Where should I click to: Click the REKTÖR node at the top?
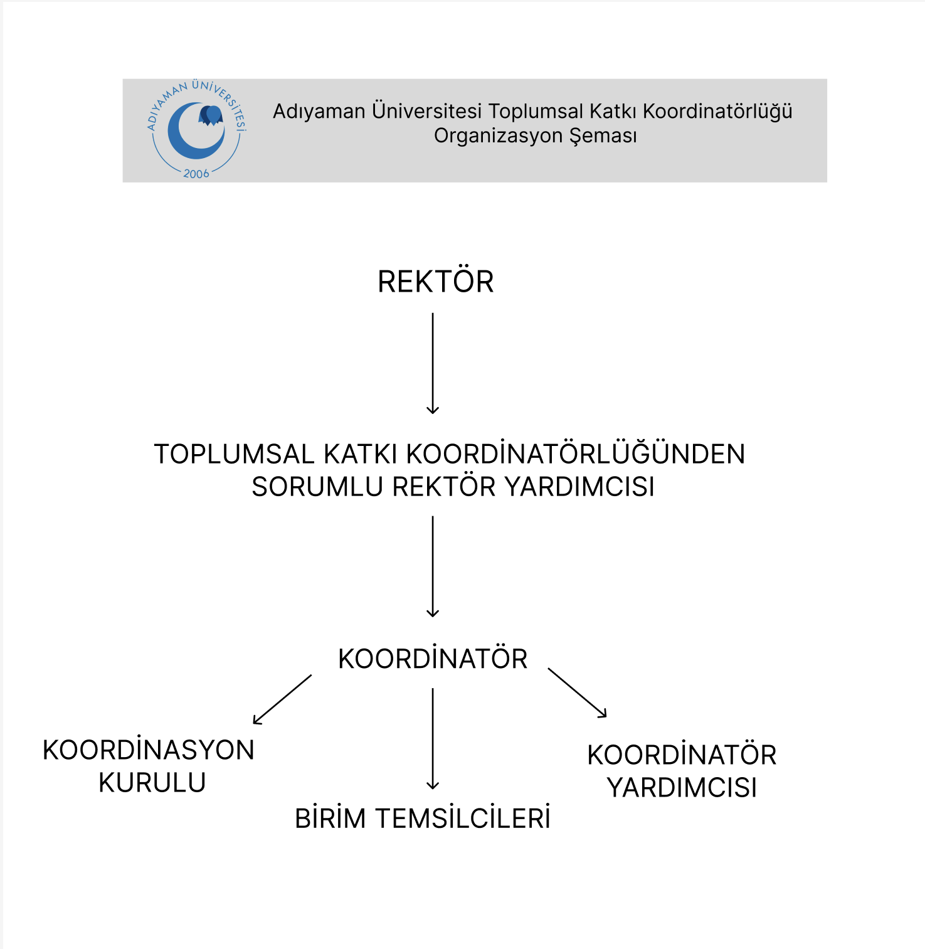435,282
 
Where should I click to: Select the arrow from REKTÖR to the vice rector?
433,363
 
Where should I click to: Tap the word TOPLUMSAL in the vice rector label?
234,454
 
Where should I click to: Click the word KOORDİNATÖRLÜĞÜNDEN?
576,454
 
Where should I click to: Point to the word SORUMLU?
317,487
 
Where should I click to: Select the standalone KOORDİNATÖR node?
433,659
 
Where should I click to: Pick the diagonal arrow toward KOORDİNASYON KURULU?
282,699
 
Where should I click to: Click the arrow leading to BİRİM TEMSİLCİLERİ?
433,738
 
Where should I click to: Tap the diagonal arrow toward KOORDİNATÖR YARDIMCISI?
577,692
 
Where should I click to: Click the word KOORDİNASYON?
149,750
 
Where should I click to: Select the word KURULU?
152,783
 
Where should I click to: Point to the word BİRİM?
330,819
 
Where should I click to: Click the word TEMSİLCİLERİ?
463,819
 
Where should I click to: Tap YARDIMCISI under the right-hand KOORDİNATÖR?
682,788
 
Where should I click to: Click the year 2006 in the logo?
196,174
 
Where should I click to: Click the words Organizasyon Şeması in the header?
535,135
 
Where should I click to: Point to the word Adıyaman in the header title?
319,112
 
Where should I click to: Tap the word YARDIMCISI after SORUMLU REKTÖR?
579,487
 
